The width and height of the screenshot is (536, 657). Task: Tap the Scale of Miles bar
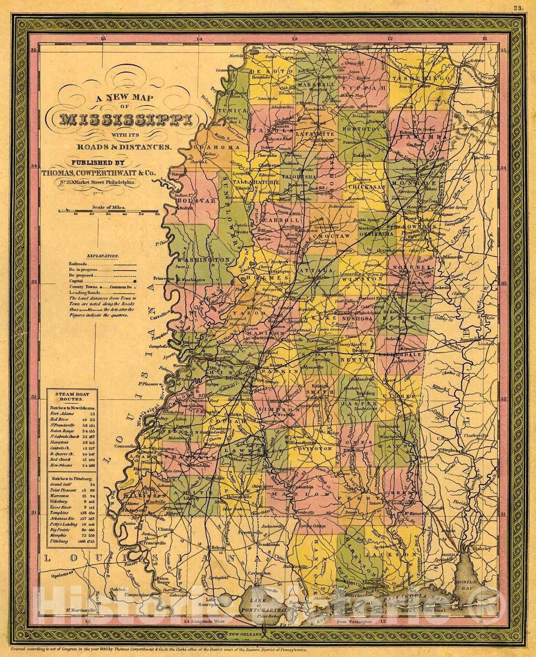coord(109,211)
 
